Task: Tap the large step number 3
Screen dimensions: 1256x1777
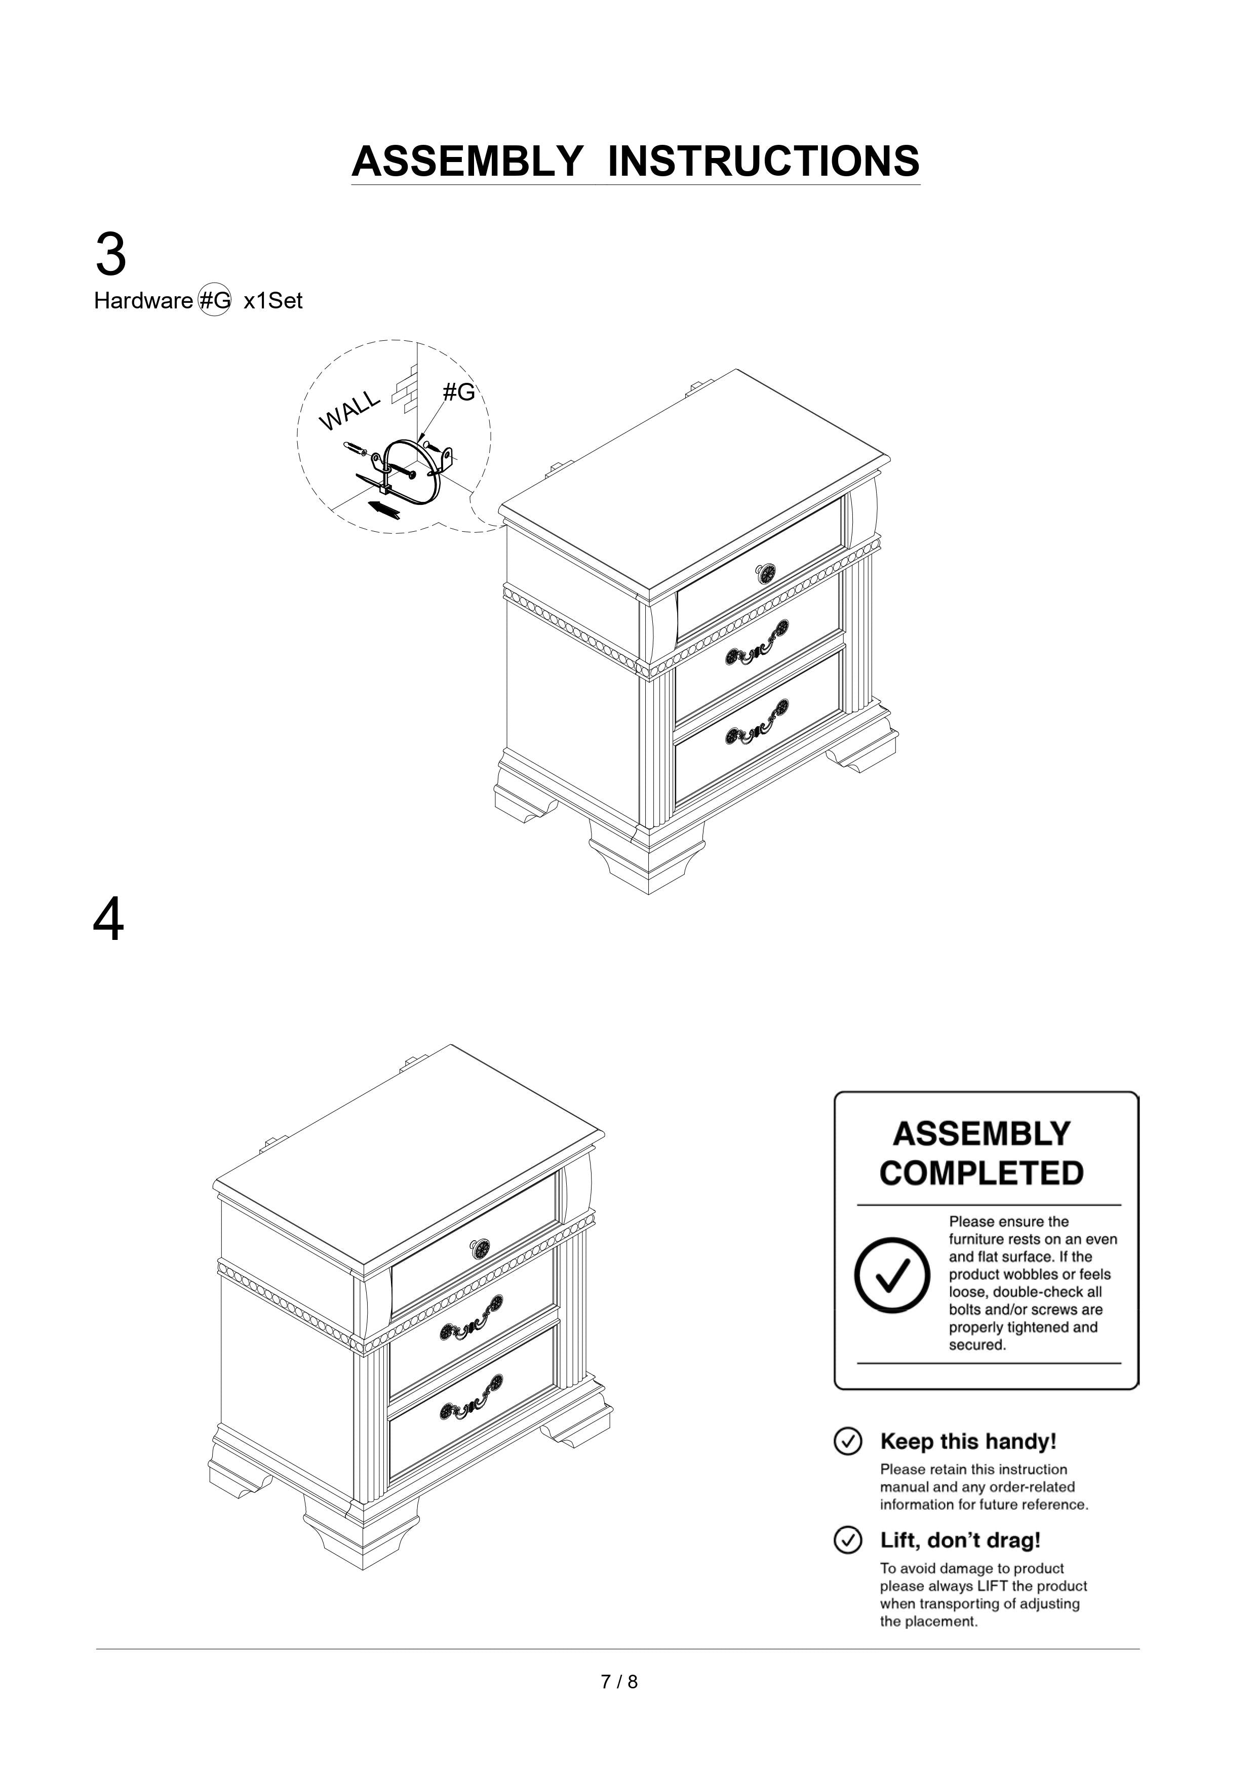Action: coord(111,255)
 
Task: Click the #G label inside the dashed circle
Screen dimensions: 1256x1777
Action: coord(458,392)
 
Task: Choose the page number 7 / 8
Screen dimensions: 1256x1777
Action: coord(619,1682)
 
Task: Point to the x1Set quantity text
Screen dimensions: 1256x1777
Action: coord(272,301)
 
